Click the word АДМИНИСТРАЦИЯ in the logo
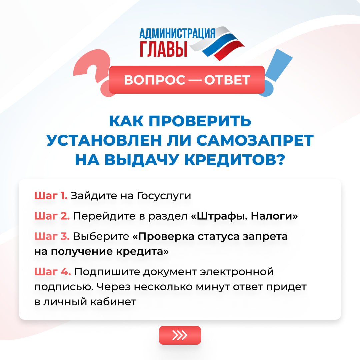(177, 33)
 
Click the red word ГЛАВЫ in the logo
(163, 49)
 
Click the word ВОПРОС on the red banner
(155, 80)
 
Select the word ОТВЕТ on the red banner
(227, 80)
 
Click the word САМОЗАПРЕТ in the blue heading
(255, 140)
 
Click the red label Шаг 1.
(51, 196)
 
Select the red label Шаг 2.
(52, 216)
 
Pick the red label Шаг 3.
(52, 236)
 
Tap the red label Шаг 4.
(53, 272)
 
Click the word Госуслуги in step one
(164, 196)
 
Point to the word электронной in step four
(237, 272)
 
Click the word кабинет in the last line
(113, 302)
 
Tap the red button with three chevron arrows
(180, 335)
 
